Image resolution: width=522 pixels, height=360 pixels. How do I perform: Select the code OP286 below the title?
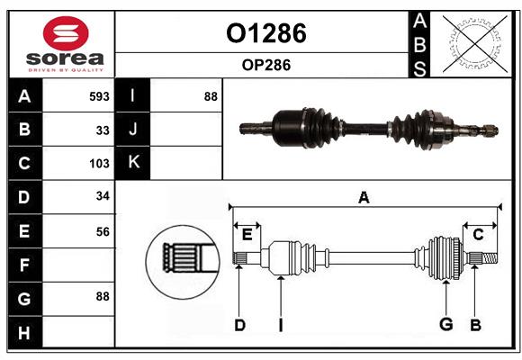point(265,66)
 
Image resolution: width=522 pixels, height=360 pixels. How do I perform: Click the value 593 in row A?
point(99,96)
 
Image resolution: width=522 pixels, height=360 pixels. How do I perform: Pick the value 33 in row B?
point(103,130)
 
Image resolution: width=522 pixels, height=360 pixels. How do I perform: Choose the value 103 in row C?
point(99,164)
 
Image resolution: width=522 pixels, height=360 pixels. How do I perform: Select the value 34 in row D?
point(103,197)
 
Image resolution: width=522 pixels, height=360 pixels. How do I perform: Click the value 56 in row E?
point(103,231)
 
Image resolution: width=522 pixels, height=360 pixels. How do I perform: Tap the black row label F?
point(24,265)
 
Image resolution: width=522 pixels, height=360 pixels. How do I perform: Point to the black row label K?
point(133,163)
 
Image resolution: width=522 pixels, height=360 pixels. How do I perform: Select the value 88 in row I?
point(210,96)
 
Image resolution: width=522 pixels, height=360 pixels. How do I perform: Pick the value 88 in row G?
point(103,295)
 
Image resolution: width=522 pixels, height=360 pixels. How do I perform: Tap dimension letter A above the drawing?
point(364,197)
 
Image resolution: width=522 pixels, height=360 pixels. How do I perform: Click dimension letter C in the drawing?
point(478,235)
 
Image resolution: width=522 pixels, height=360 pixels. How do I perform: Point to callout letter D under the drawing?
point(239,325)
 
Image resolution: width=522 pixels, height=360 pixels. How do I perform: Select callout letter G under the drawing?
point(445,325)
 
